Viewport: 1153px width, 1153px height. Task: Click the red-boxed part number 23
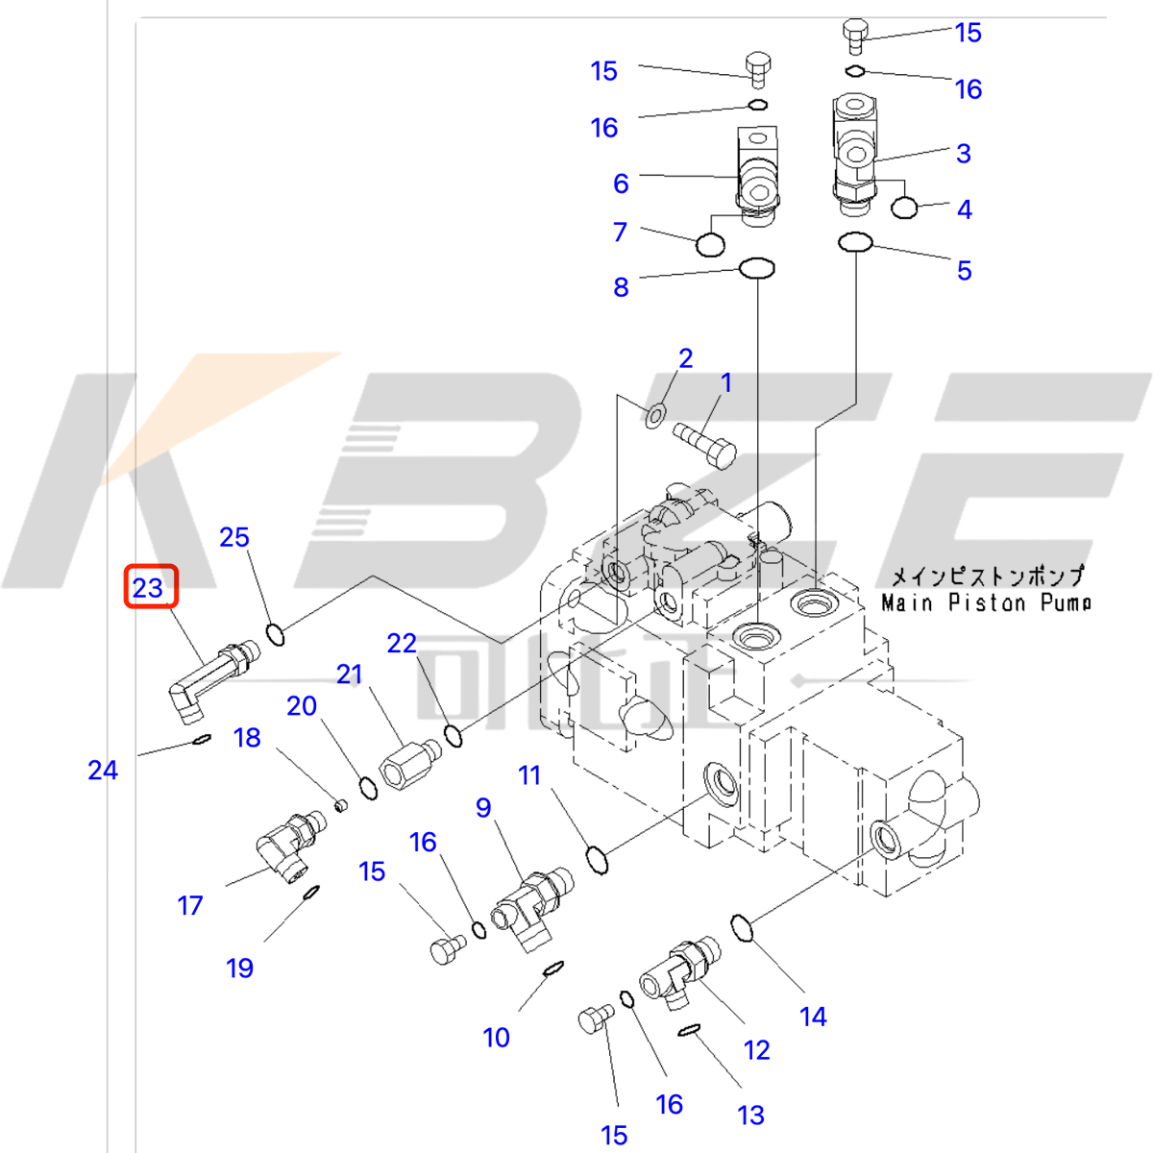coord(150,586)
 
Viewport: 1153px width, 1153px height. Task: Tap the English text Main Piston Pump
coord(986,603)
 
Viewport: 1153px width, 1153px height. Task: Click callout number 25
coord(233,537)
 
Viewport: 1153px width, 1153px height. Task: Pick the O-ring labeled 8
coord(757,268)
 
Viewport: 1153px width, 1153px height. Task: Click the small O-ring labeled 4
coord(904,207)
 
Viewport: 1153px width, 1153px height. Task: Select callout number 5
coord(964,271)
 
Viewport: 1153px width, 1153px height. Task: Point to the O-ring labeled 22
coord(454,736)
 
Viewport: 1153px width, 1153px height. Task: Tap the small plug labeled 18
coord(338,803)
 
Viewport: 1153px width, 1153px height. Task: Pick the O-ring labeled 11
coord(597,859)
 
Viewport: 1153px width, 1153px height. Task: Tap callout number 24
coord(103,770)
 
